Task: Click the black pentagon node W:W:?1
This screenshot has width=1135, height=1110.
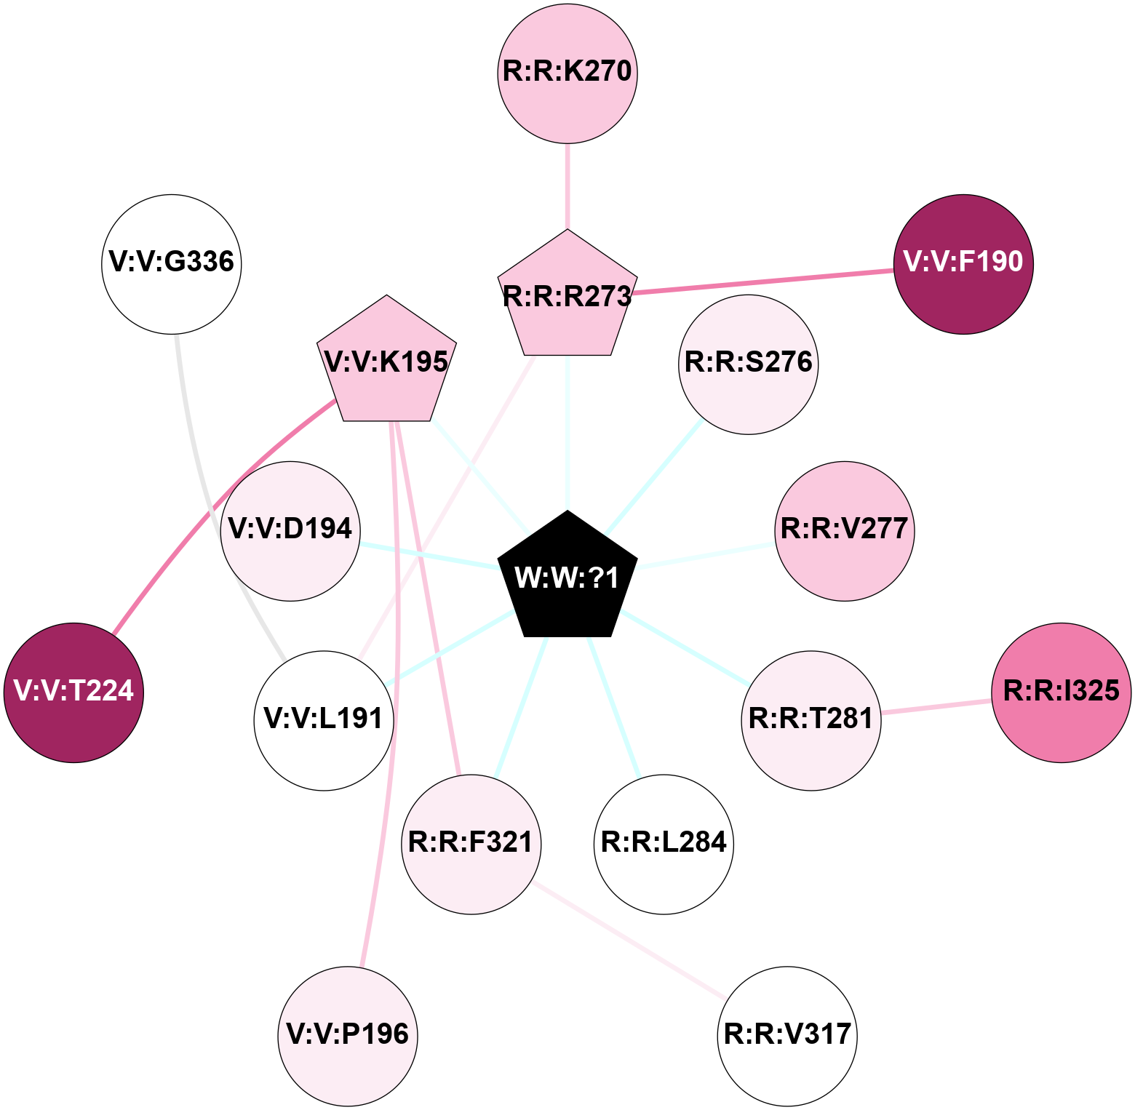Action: (x=567, y=578)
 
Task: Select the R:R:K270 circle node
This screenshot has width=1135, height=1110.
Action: (x=567, y=73)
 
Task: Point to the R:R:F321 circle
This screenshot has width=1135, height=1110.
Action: (x=471, y=844)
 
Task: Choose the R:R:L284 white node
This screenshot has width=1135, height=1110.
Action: (x=664, y=844)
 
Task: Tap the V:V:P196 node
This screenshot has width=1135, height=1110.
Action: (x=348, y=1036)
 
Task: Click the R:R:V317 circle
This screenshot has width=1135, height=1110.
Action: (x=787, y=1036)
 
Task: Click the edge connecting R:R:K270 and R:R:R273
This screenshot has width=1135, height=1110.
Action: (x=567, y=186)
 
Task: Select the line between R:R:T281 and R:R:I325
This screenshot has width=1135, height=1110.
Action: (x=936, y=706)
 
